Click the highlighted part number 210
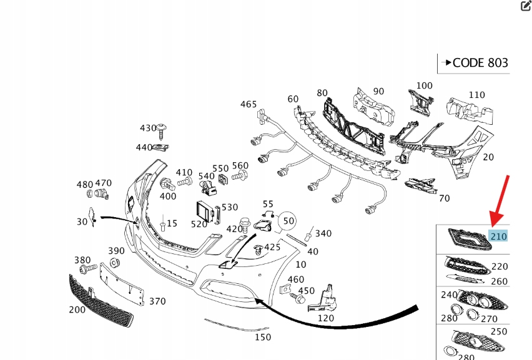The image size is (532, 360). [498, 236]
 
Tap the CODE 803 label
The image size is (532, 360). [480, 62]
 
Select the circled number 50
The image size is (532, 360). [287, 221]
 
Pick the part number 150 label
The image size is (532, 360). [264, 338]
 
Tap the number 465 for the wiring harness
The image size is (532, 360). [249, 104]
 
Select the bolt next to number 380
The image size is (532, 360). [87, 268]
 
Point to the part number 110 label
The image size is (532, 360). [476, 95]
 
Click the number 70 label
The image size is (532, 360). [444, 198]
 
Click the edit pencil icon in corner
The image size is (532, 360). [525, 6]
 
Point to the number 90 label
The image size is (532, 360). [378, 91]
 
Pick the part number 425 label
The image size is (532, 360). [272, 248]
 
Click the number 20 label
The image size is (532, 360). [488, 157]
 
